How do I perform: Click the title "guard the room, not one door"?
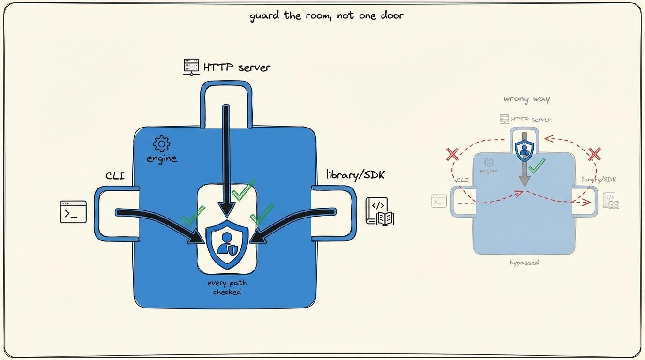tap(327, 15)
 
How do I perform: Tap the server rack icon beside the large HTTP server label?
tap(191, 67)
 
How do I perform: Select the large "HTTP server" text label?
tap(237, 67)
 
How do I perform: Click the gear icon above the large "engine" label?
tap(162, 144)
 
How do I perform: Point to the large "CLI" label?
tap(115, 176)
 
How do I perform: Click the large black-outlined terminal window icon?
tap(73, 212)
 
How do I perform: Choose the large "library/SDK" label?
tap(355, 175)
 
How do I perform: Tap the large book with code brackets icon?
tap(380, 211)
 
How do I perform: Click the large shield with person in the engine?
tap(227, 245)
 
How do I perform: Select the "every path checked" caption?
tap(227, 287)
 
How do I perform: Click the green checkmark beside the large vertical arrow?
tap(244, 190)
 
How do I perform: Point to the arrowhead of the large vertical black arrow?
tap(226, 209)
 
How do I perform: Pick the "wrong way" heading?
tap(527, 99)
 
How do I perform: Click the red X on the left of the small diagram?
tap(452, 154)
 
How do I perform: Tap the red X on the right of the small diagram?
tap(594, 154)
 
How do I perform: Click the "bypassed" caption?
tap(525, 263)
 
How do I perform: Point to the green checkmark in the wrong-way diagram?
tap(537, 166)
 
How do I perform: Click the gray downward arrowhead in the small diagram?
tap(525, 180)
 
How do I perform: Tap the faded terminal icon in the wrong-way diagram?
tap(439, 201)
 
